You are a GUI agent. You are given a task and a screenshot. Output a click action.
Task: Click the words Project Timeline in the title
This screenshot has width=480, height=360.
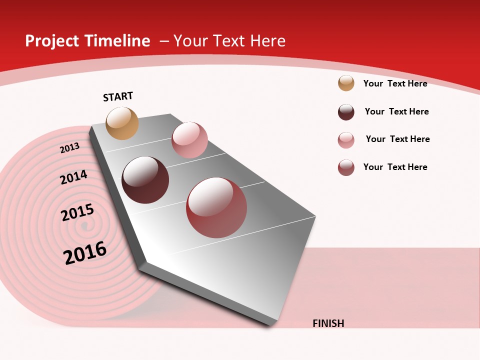87,41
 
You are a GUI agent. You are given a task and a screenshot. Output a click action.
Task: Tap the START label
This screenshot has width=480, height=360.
118,96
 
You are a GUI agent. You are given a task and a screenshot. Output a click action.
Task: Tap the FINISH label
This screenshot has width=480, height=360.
328,323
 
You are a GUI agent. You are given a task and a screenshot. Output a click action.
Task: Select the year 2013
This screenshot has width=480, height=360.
69,148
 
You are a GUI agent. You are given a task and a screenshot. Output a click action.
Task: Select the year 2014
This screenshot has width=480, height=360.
73,177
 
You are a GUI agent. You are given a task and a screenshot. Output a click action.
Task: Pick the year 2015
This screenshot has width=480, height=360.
77,212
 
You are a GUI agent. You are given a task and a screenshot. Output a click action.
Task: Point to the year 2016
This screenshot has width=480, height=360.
85,252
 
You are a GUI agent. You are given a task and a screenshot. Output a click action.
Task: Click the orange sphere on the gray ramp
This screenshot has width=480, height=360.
122,123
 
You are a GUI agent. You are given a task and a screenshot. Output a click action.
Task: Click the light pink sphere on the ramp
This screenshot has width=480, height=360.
189,140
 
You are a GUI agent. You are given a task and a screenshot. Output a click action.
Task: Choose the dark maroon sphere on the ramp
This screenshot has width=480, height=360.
145,180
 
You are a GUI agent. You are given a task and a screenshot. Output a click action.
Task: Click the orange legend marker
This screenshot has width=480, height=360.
346,83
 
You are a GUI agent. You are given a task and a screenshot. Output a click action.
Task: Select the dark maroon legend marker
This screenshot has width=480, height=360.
346,112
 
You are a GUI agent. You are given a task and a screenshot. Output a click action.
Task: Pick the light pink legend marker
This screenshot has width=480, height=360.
346,140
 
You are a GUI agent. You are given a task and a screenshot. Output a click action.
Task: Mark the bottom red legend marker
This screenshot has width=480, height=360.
346,167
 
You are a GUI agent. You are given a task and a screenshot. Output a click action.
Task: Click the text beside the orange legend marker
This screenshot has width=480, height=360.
395,83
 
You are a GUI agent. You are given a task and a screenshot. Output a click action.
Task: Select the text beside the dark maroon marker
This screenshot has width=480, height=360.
396,111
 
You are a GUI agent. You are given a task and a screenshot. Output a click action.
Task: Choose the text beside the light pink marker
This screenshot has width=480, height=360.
397,139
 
